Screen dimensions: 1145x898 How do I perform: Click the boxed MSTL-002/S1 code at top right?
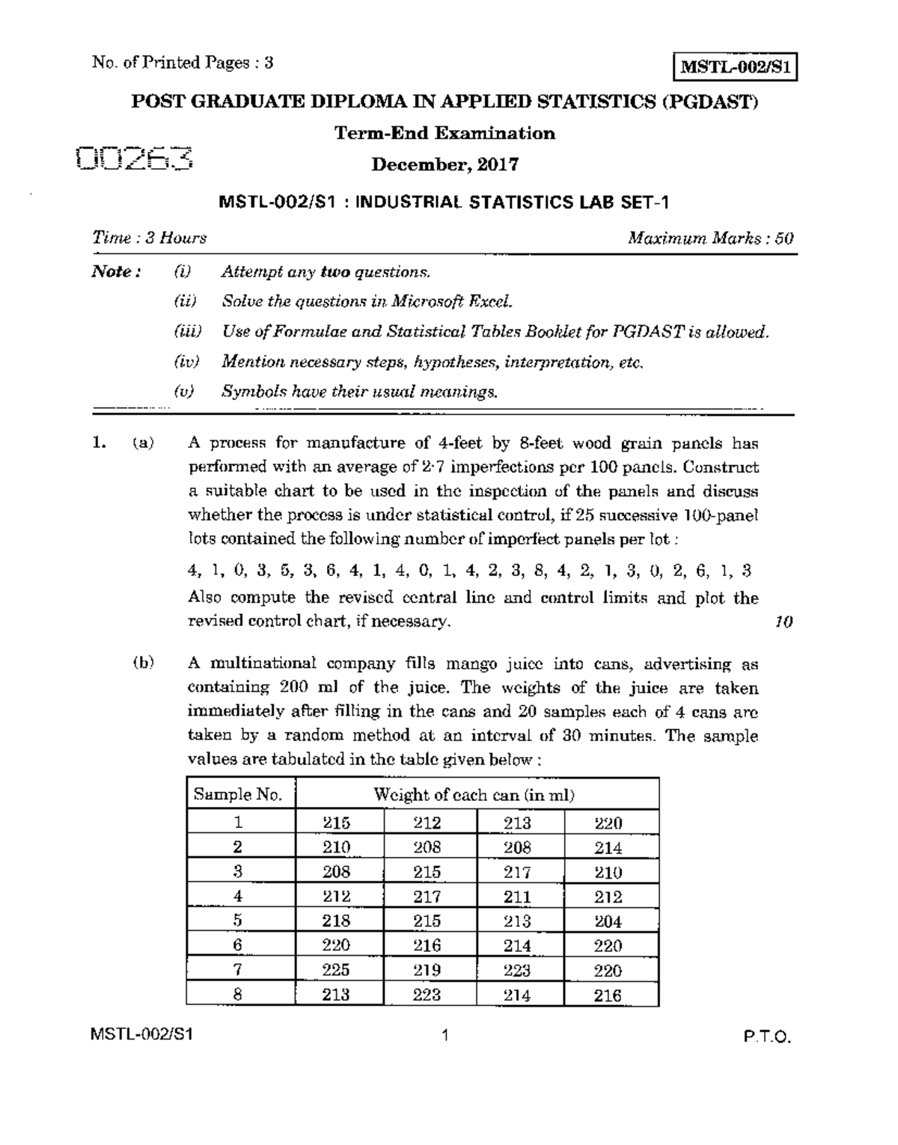pos(736,67)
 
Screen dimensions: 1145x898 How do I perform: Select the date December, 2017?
pos(445,165)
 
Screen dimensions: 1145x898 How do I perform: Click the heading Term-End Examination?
pos(445,133)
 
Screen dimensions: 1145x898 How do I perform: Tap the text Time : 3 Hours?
pos(149,238)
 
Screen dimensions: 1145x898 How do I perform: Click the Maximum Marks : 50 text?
pos(710,238)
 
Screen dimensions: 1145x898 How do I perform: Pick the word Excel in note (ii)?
pos(491,301)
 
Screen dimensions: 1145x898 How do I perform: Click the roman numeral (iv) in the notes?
pos(185,362)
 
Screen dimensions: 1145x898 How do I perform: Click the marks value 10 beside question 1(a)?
pos(784,621)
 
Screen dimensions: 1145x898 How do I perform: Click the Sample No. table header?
pos(238,794)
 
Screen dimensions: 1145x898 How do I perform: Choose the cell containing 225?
pos(336,970)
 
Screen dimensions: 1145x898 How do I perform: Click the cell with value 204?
pos(608,921)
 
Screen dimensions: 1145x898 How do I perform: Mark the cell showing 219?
pos(427,970)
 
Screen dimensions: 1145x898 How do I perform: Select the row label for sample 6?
pos(238,945)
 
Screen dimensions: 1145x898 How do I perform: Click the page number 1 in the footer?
pos(445,1036)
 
